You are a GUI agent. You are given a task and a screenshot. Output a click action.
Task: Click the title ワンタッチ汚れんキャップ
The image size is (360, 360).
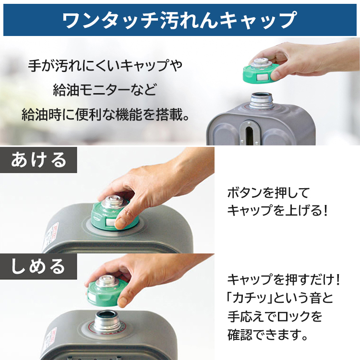(x=180, y=19)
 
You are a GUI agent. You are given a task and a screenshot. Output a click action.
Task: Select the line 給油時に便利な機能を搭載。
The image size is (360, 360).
(x=105, y=115)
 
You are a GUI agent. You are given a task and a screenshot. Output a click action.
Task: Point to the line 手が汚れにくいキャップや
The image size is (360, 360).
(x=106, y=64)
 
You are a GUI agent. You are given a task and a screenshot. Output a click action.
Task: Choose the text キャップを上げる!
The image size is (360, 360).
(x=277, y=211)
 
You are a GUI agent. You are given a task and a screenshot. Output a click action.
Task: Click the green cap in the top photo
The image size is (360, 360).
(x=261, y=72)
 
